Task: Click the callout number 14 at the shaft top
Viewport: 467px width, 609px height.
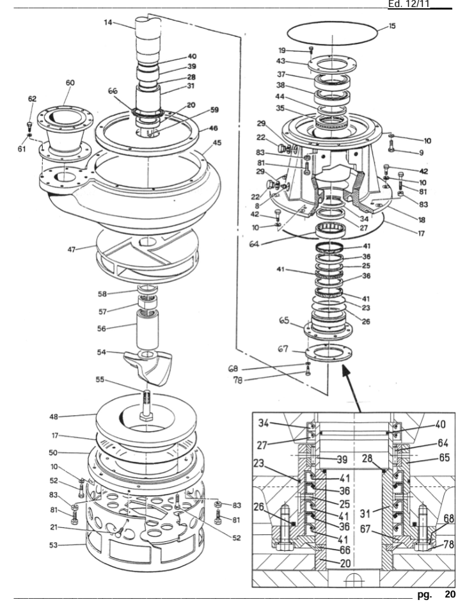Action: (x=108, y=22)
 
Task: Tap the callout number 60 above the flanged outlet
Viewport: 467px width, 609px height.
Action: (x=70, y=83)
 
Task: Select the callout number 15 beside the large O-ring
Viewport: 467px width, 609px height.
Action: (x=392, y=26)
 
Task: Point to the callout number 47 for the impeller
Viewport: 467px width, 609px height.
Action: (x=72, y=249)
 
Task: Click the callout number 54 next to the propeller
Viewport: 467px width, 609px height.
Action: (x=102, y=352)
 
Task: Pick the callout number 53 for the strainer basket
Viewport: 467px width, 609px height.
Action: (x=53, y=545)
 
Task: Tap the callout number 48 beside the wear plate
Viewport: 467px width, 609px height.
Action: (x=54, y=416)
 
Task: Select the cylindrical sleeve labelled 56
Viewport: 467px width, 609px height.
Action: (x=147, y=329)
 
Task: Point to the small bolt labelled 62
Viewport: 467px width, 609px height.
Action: (x=29, y=126)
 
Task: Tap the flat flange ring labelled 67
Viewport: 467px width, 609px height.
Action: (x=329, y=352)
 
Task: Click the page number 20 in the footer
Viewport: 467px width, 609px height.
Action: (x=450, y=594)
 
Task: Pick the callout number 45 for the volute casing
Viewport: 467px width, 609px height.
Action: (x=217, y=143)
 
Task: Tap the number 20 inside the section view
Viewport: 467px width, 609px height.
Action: (x=345, y=563)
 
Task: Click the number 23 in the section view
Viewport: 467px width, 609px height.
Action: (x=258, y=464)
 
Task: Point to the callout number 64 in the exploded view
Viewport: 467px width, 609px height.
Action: (x=254, y=244)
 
